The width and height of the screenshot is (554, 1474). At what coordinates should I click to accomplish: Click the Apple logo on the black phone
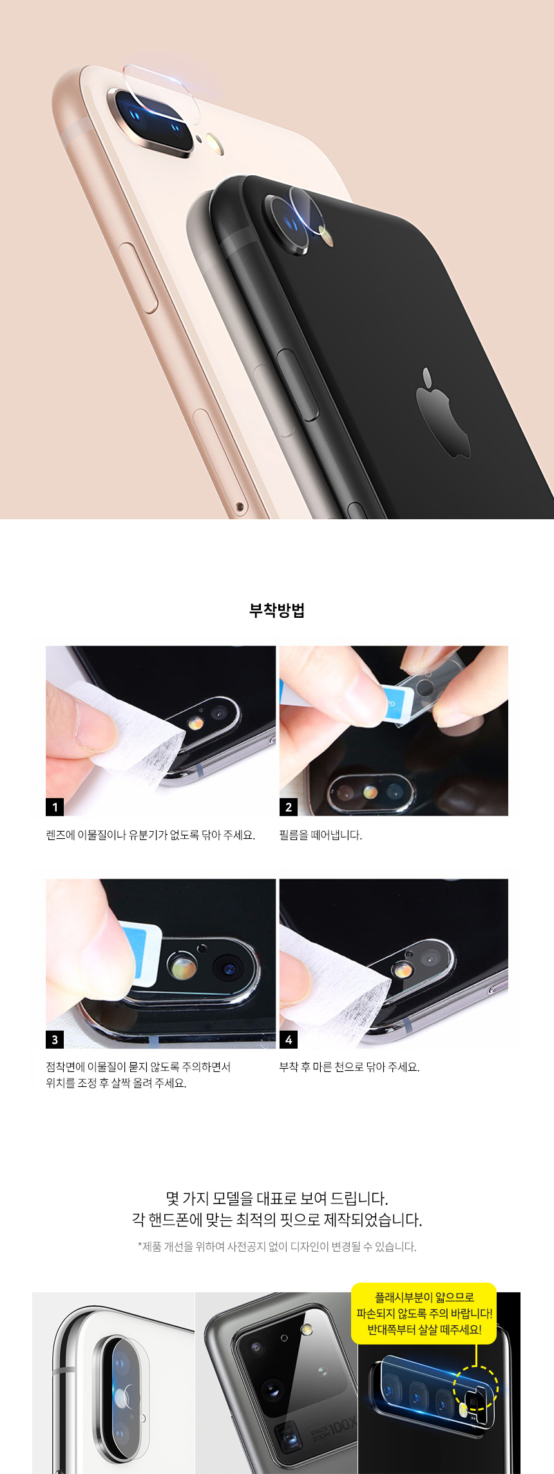tap(443, 415)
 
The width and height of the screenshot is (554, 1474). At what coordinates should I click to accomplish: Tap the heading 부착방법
tap(277, 610)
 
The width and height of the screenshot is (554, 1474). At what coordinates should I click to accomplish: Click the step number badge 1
tap(55, 807)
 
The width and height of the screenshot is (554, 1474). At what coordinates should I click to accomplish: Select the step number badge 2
tap(289, 807)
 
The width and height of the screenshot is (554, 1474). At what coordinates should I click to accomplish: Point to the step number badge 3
tap(55, 1039)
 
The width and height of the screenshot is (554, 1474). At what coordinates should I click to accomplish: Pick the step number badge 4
tap(289, 1039)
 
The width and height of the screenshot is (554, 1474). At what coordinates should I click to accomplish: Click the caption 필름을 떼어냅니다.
tap(321, 835)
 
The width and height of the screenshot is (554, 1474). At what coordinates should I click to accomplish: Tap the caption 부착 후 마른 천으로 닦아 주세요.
tap(349, 1067)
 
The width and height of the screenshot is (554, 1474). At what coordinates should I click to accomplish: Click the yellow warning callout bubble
tap(424, 1313)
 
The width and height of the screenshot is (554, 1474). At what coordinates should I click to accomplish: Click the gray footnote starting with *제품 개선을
tap(277, 1247)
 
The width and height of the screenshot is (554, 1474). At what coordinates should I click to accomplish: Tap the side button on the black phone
tap(298, 385)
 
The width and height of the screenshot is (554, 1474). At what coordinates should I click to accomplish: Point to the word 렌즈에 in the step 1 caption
tap(61, 835)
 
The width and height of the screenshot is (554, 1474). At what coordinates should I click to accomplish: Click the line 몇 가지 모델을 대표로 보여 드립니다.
tap(277, 1198)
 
